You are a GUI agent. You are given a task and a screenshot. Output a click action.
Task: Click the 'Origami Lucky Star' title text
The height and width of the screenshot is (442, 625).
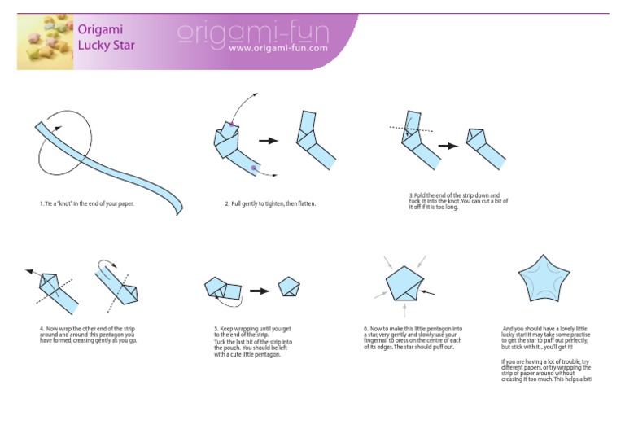click(106, 37)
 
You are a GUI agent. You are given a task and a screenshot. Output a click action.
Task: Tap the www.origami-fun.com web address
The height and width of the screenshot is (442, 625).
click(278, 49)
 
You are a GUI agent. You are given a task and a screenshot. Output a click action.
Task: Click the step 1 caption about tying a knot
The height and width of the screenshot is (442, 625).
click(86, 203)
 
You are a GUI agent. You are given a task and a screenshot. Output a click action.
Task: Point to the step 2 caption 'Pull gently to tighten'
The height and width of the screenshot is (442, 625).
click(269, 203)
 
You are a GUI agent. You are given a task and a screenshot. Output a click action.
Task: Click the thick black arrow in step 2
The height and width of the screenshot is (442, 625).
click(269, 141)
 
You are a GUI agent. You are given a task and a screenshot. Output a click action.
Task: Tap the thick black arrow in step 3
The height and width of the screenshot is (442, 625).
click(448, 147)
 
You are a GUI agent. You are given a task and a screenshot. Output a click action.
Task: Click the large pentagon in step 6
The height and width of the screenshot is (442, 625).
click(404, 284)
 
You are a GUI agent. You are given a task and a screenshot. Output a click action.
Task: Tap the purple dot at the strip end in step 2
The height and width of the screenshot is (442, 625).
click(255, 167)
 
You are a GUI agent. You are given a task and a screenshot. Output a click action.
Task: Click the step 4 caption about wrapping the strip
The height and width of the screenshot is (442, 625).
click(88, 335)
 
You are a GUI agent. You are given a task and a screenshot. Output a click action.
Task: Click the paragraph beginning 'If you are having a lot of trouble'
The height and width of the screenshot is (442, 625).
click(546, 370)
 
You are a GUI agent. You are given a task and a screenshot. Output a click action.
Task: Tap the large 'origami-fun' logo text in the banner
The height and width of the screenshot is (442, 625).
click(251, 33)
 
